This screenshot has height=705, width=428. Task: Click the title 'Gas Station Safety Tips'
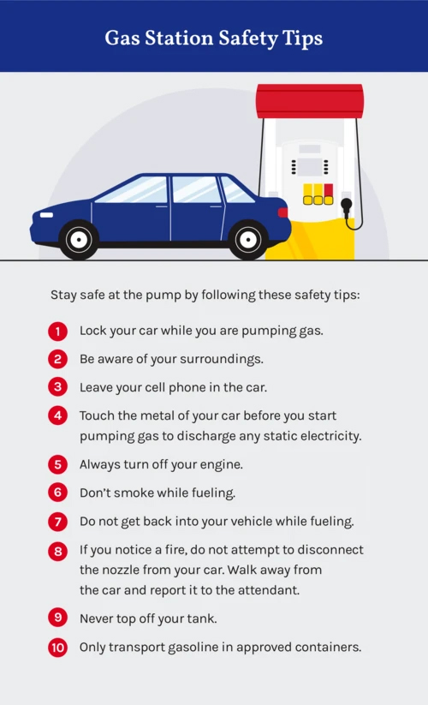tap(214, 39)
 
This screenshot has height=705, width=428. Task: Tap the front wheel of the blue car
tap(79, 239)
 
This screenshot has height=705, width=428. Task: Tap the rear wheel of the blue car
tap(248, 239)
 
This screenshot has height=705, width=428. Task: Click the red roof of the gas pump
tap(309, 101)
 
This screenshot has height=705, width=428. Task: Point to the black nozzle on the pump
tap(346, 206)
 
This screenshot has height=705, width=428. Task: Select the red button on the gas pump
tap(329, 189)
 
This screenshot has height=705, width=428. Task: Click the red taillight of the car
tap(283, 212)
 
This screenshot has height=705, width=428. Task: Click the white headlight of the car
tap(45, 214)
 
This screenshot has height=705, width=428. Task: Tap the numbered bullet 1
tap(57, 331)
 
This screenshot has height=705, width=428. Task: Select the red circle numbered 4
tap(57, 415)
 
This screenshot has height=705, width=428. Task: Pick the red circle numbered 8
tap(57, 551)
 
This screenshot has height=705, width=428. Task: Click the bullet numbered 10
tap(57, 648)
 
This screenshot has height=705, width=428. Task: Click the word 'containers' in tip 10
tap(329, 648)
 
